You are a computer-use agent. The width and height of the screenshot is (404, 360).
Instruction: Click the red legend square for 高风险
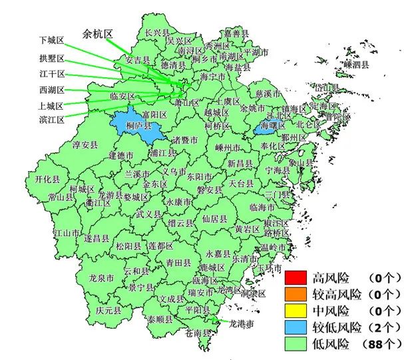click(x=296, y=277)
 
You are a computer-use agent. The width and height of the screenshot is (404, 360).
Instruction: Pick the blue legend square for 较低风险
click(x=296, y=327)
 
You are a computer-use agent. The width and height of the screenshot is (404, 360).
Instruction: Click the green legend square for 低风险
click(x=296, y=344)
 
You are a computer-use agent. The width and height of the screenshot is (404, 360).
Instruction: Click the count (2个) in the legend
click(x=383, y=327)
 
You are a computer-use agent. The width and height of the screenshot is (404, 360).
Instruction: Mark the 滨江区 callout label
click(x=52, y=120)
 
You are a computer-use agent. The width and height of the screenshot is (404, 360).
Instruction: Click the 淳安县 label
click(x=85, y=144)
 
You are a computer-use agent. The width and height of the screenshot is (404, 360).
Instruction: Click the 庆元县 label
click(x=108, y=310)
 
